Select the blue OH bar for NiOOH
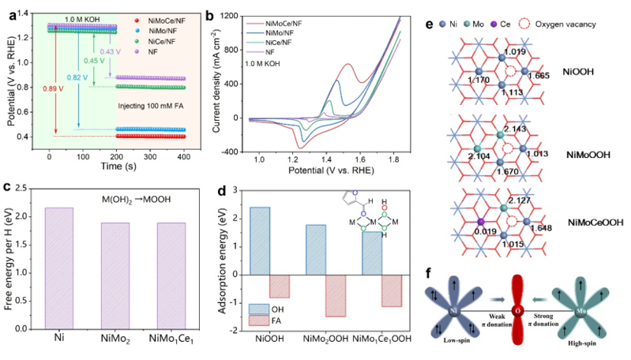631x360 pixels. coord(257,241)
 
